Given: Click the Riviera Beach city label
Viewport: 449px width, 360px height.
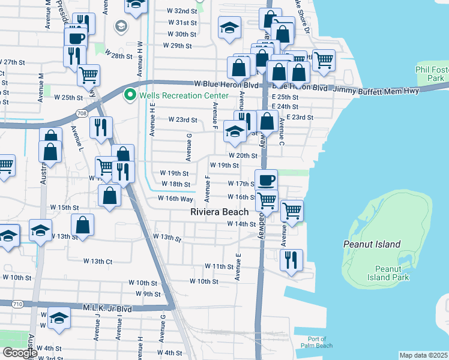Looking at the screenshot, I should [x=219, y=212].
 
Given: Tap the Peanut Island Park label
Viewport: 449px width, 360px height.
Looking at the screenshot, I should [x=392, y=273].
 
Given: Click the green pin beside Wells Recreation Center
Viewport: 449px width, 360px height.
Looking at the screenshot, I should [x=129, y=95].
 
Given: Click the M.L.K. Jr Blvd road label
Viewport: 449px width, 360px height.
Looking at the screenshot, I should [x=108, y=308].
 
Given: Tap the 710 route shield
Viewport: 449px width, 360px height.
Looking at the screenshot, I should [x=16, y=305].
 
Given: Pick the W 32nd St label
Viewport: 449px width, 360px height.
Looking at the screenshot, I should [x=182, y=11].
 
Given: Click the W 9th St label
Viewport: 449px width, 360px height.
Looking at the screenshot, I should [x=148, y=293].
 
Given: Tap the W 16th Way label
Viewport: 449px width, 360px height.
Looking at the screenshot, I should [x=175, y=199].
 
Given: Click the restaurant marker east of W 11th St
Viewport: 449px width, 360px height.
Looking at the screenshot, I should [x=291, y=260].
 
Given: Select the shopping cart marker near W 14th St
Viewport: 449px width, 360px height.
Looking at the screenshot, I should [x=292, y=211].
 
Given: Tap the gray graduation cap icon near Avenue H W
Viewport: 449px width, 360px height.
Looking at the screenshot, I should [x=121, y=26].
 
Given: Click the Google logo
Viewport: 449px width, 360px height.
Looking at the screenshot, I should [x=19, y=353].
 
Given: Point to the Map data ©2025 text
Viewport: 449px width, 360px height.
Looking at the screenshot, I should [x=423, y=355].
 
